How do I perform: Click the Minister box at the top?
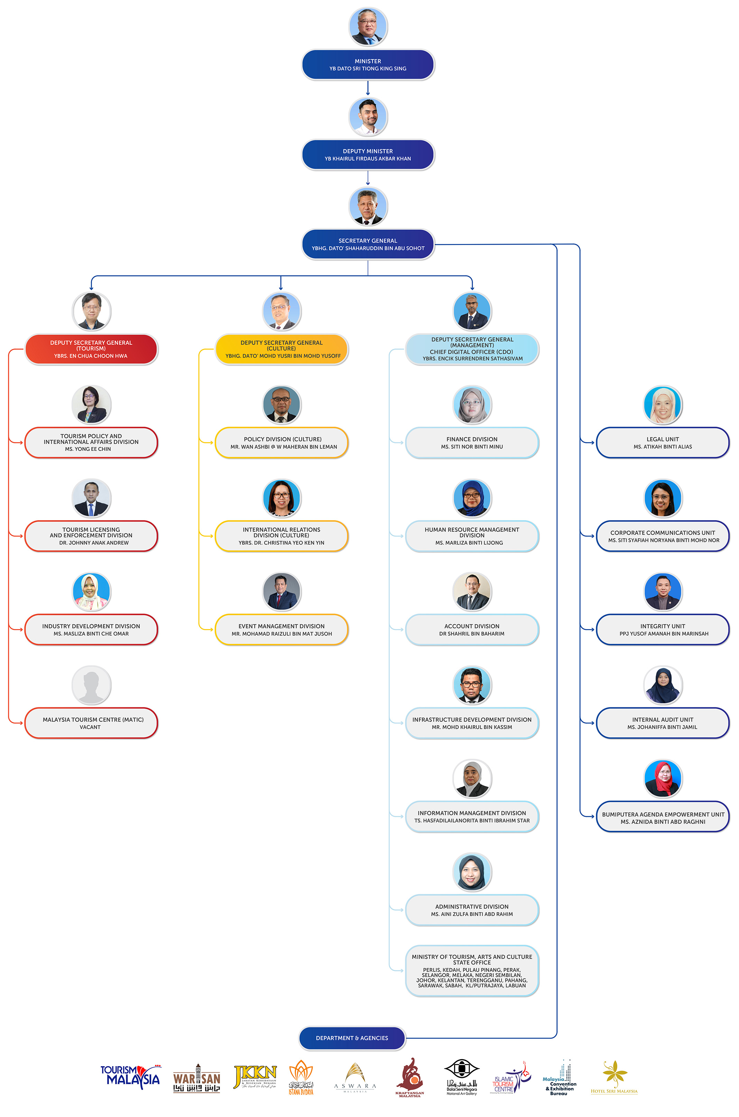368,65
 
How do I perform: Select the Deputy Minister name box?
368,155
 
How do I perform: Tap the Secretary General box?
368,244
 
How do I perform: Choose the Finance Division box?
472,443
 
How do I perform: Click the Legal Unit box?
662,443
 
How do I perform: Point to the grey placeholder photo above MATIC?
91,684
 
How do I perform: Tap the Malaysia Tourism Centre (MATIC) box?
91,723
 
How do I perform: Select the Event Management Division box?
281,629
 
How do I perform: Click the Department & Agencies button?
352,1038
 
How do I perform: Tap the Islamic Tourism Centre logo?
511,1078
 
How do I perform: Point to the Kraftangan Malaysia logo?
409,1078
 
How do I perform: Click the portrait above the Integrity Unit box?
662,591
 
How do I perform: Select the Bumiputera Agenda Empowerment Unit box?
662,817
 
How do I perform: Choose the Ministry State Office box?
472,971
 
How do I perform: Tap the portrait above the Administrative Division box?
472,872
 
